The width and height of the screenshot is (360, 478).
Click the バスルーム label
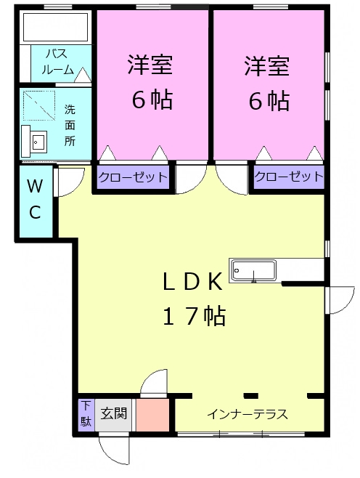coord(58,62)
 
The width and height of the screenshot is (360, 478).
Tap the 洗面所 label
coord(70,125)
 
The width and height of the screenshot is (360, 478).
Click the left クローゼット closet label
coord(133,177)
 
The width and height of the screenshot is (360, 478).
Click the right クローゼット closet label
coord(288,177)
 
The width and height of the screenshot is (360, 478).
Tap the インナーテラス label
coord(247,415)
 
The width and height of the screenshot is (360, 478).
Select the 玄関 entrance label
coord(114,414)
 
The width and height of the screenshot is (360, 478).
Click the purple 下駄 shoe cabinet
coord(86,415)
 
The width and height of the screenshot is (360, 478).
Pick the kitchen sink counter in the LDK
coord(253,270)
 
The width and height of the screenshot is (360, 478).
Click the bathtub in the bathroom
coord(55,28)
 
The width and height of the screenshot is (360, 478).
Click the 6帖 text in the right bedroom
coord(268,100)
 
